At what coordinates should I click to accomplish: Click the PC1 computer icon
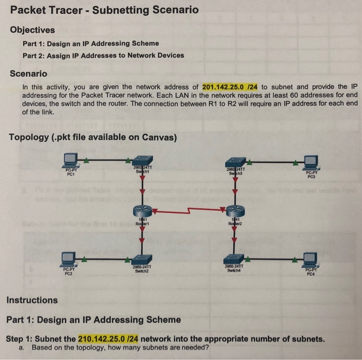[x=71, y=160]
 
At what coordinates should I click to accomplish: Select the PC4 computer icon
[x=310, y=259]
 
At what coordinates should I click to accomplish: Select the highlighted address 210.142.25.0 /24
[x=108, y=339]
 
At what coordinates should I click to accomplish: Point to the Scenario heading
[x=29, y=73]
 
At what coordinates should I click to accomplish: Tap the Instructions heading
[x=32, y=300]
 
